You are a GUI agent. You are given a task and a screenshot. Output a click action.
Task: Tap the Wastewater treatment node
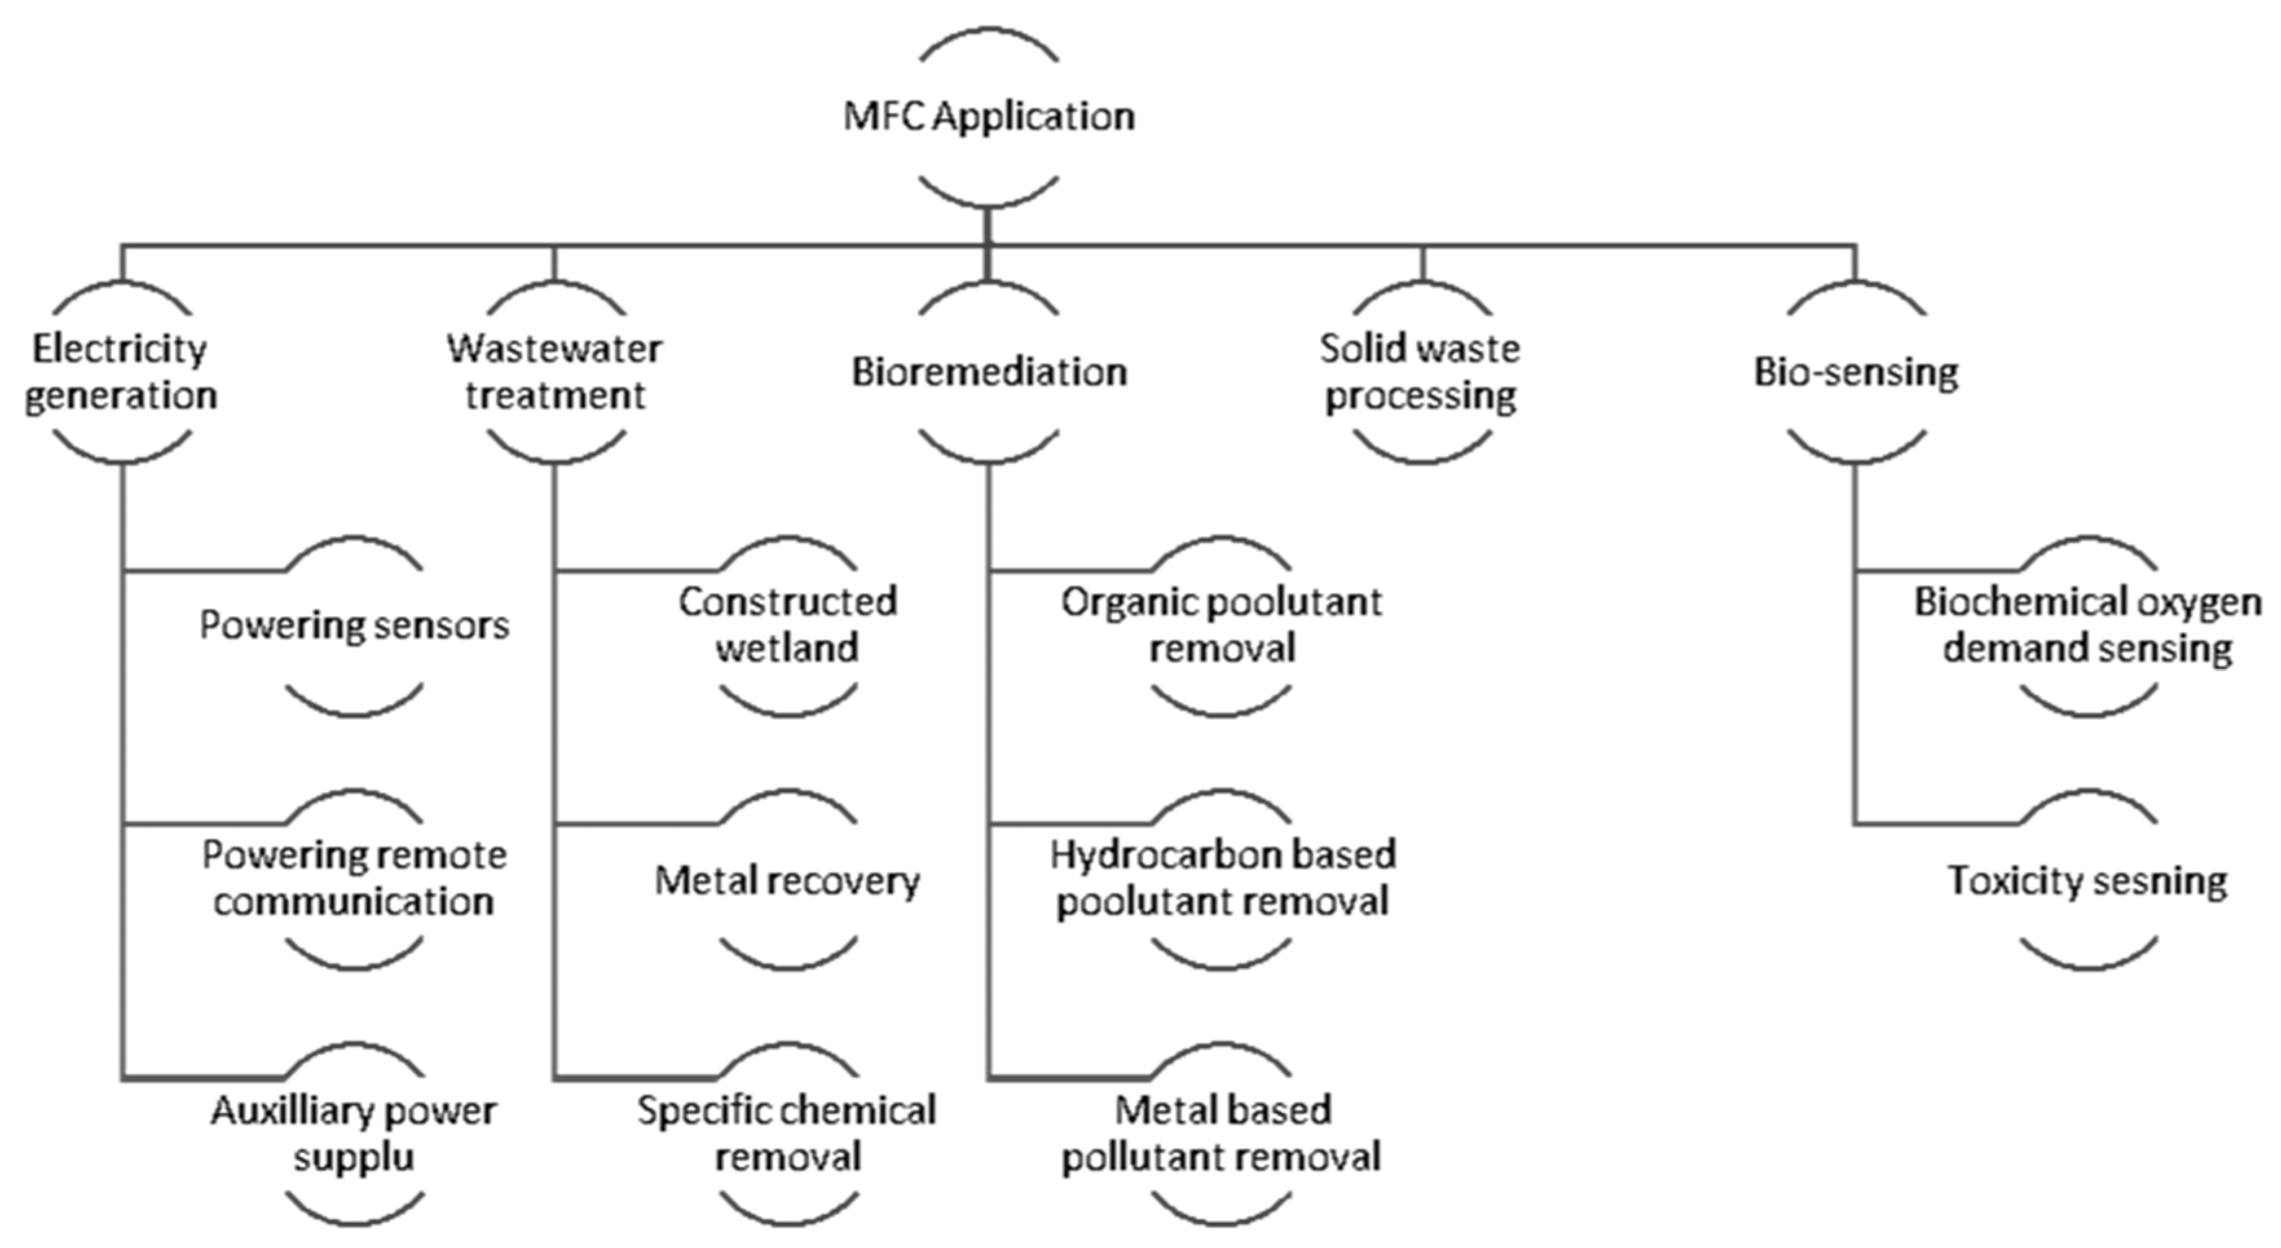click(x=555, y=372)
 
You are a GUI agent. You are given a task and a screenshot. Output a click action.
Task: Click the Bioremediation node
click(x=988, y=372)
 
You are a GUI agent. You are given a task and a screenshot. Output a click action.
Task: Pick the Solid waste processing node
click(x=1420, y=372)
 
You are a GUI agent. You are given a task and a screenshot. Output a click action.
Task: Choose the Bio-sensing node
click(x=1856, y=372)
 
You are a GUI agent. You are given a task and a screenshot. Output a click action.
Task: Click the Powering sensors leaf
click(x=354, y=626)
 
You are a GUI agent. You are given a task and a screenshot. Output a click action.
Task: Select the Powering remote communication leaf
click(x=354, y=878)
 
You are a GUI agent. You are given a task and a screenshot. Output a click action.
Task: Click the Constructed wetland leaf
click(x=787, y=625)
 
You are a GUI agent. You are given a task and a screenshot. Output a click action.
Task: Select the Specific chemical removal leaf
click(x=787, y=1133)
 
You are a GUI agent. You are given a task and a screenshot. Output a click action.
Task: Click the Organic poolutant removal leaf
click(x=1221, y=625)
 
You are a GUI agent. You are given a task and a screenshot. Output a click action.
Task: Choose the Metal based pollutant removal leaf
click(x=1221, y=1133)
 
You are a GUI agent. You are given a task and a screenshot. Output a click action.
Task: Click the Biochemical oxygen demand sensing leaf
click(x=2088, y=625)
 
